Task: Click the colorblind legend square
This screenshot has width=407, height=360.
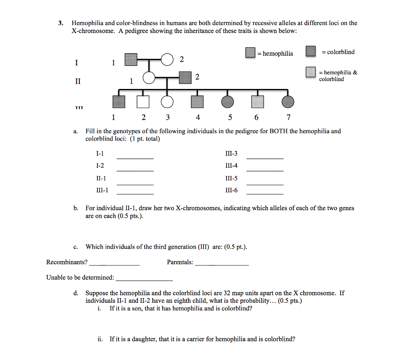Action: click(x=310, y=52)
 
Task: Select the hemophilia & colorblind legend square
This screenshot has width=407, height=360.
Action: click(x=310, y=72)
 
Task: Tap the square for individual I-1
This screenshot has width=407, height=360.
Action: click(x=131, y=60)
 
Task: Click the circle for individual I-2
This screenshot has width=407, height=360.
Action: click(x=167, y=60)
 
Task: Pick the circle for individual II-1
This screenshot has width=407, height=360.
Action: click(x=149, y=78)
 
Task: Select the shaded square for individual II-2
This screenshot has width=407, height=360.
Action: click(x=186, y=78)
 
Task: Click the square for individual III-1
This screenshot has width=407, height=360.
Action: click(x=118, y=102)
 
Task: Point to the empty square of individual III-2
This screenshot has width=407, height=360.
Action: click(x=143, y=102)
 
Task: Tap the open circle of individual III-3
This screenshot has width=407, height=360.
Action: click(x=167, y=102)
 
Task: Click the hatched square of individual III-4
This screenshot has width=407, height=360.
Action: click(x=197, y=102)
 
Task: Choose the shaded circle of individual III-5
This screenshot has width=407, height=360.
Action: click(x=228, y=102)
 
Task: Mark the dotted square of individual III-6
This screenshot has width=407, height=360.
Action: click(x=258, y=102)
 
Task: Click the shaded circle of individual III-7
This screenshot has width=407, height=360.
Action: click(x=288, y=102)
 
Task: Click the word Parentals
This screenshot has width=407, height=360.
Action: click(x=180, y=262)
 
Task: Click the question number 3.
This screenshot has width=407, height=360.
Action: click(x=60, y=23)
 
